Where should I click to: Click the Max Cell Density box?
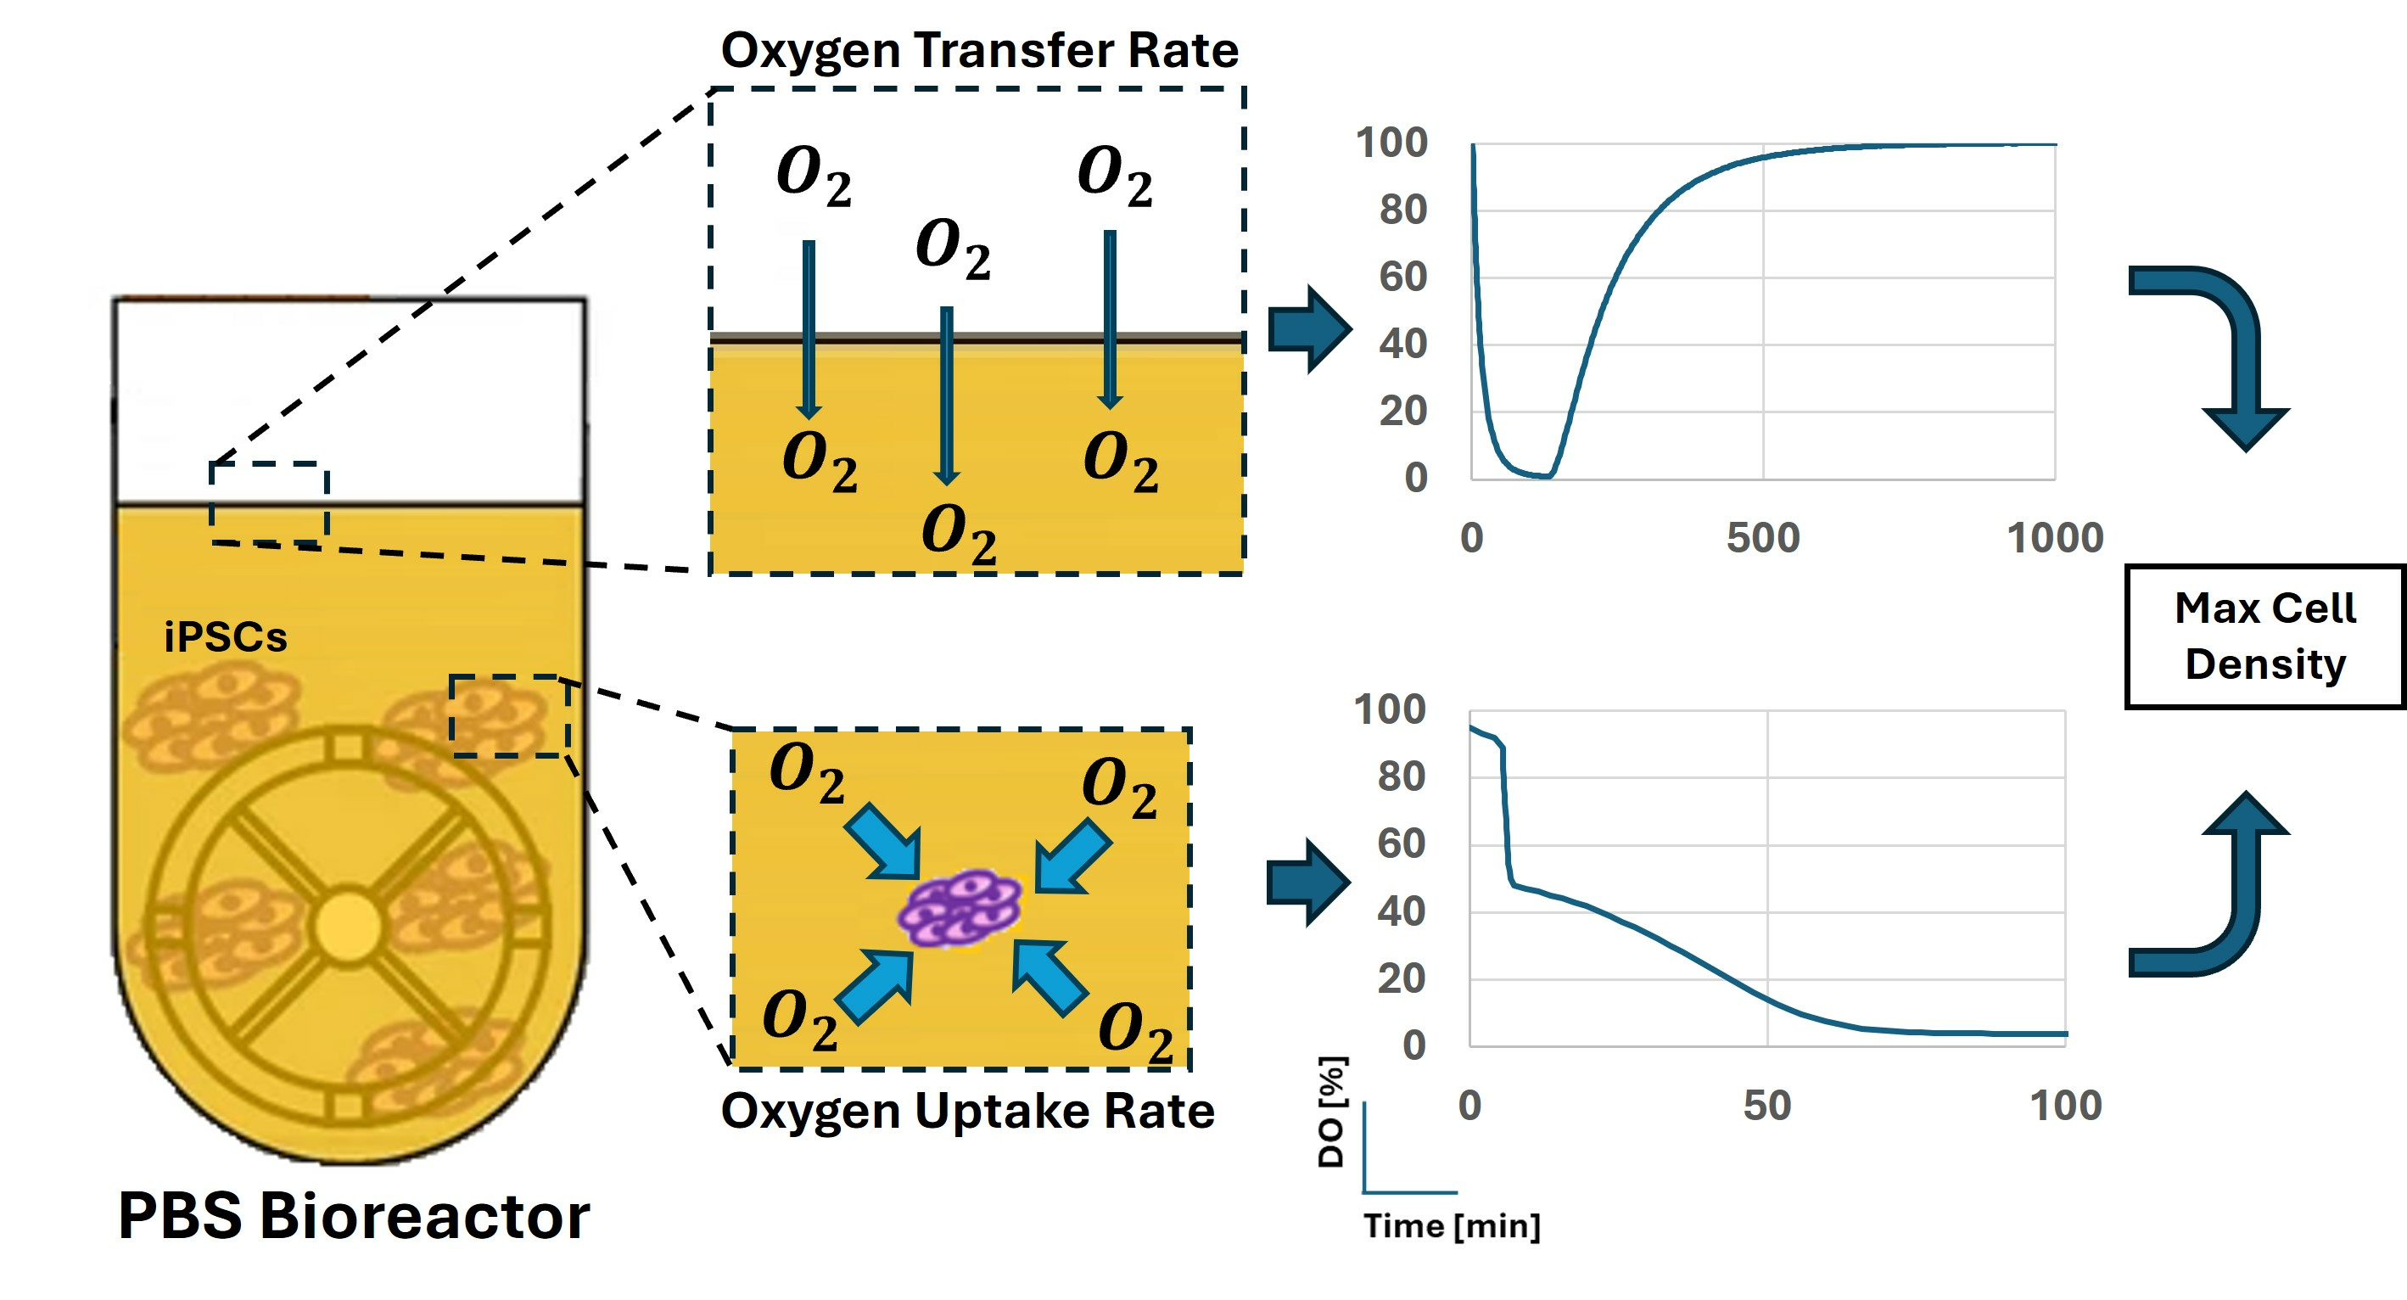coord(2265,636)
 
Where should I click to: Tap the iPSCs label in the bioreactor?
coord(225,637)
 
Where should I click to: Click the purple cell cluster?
coord(960,910)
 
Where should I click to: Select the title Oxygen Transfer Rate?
coord(979,50)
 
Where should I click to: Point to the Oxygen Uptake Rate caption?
coord(967,1112)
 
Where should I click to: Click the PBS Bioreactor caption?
coord(353,1216)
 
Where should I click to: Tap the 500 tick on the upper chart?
coord(1762,538)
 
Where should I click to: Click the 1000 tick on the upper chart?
coord(2055,538)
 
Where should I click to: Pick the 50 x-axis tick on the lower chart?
coord(1766,1106)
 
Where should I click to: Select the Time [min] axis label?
coord(1451,1225)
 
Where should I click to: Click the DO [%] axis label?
coord(1331,1112)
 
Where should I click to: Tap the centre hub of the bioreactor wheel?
coord(349,925)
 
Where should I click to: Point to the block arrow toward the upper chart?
coord(1309,329)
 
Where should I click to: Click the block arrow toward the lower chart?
coord(1308,883)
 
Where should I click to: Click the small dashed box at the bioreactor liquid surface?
coord(269,503)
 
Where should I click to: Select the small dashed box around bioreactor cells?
coord(509,716)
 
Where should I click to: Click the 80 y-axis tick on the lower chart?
coord(1401,776)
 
